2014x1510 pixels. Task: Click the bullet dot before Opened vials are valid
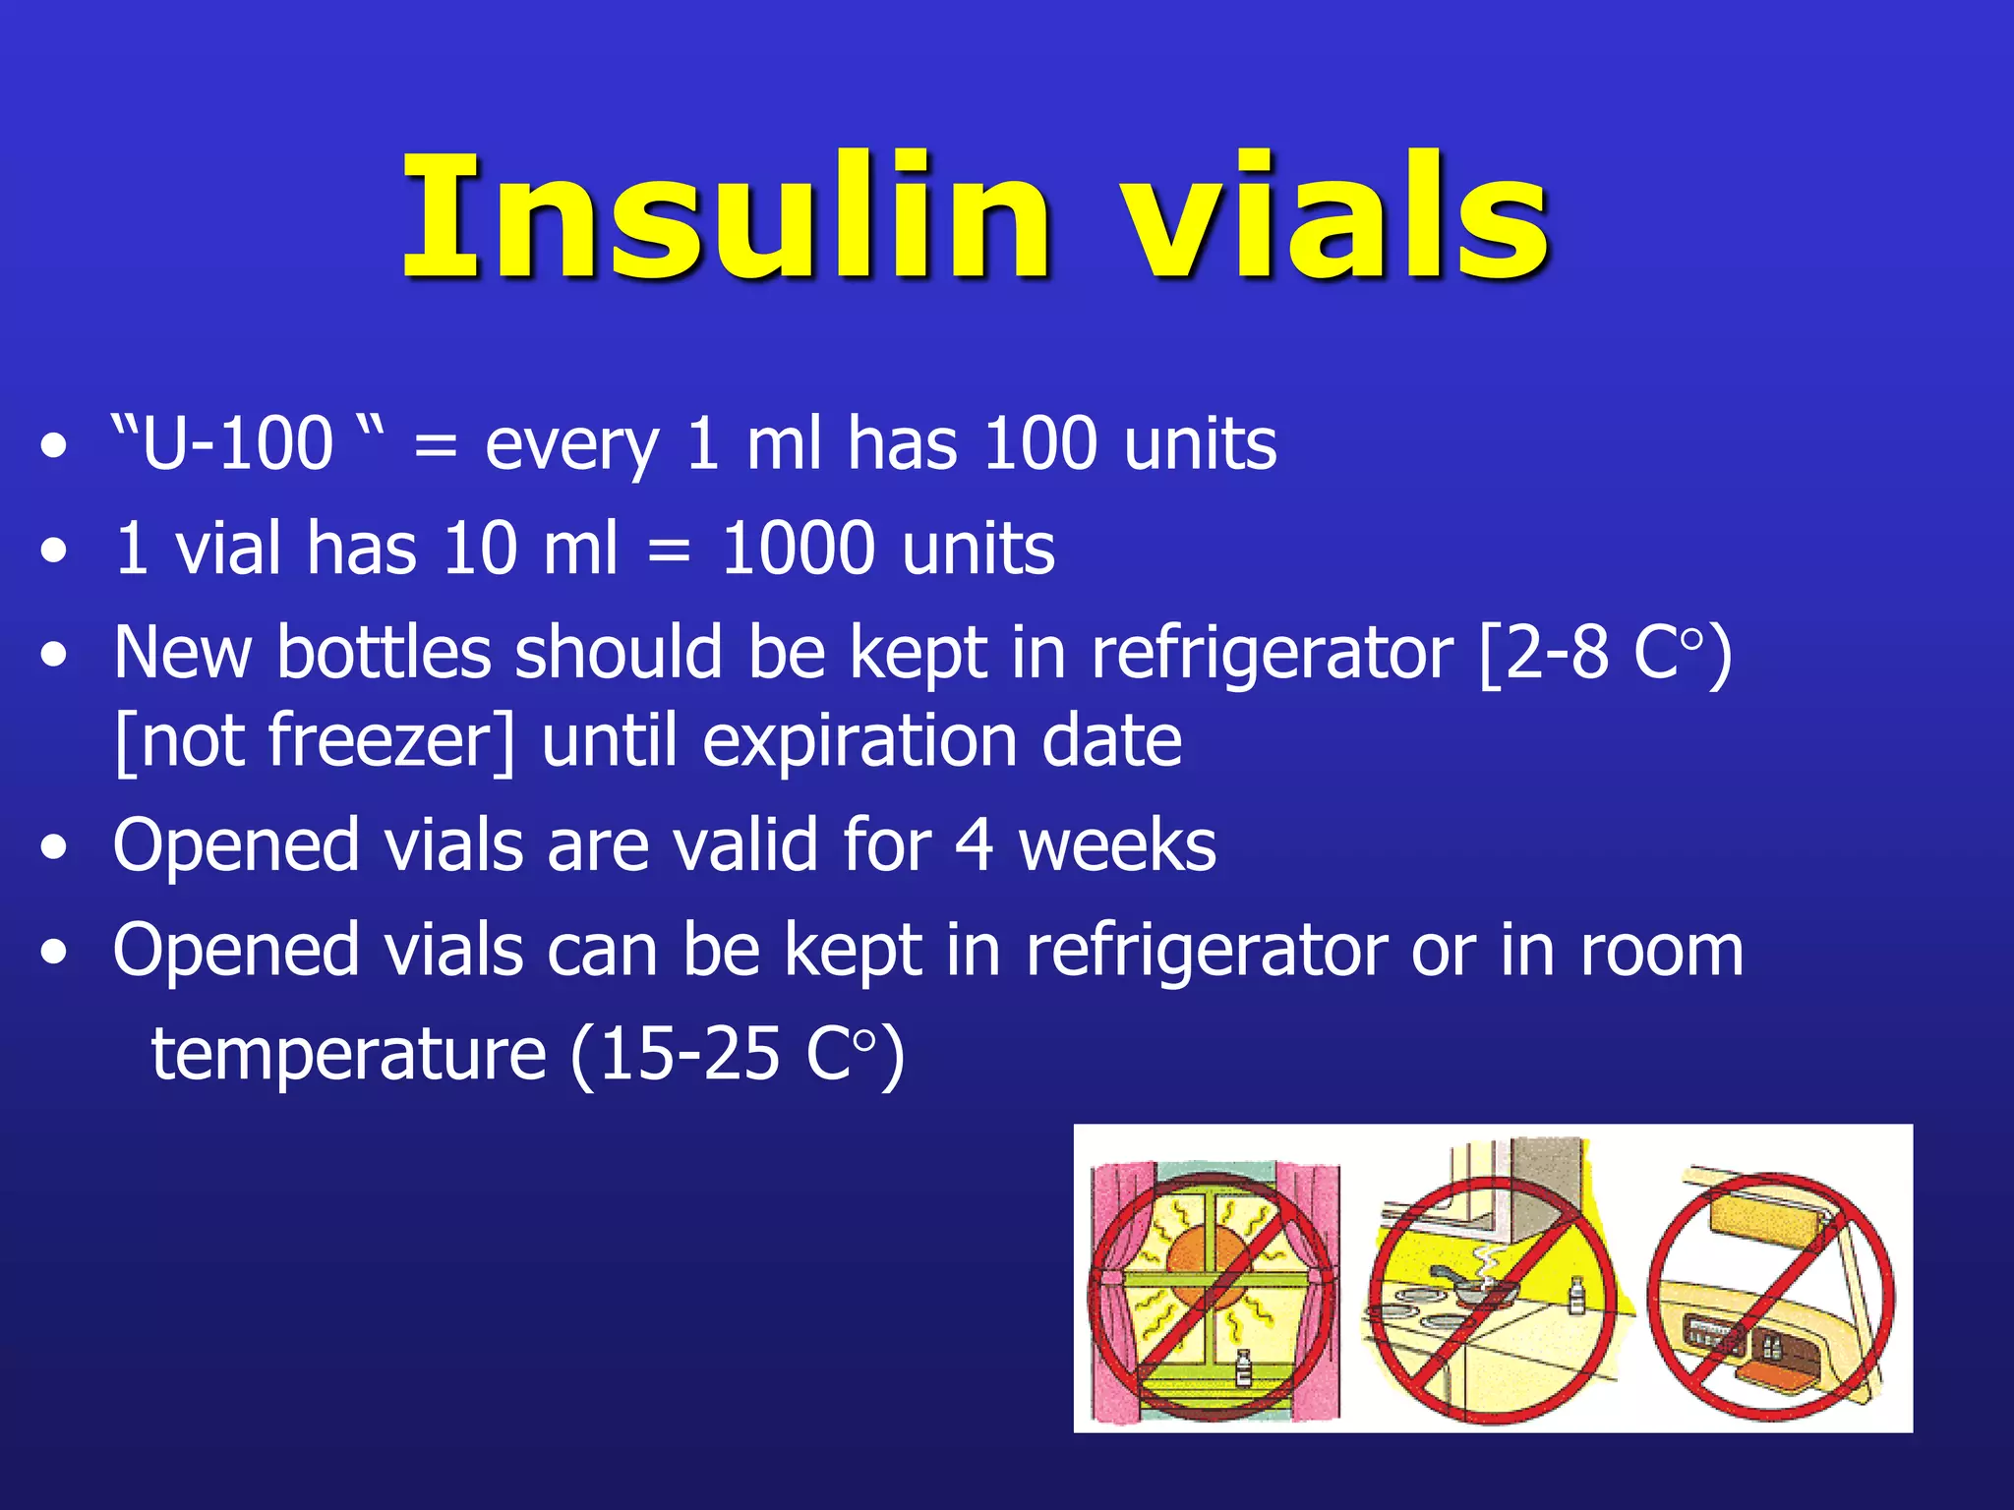[55, 847]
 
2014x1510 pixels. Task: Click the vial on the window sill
[1243, 1367]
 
